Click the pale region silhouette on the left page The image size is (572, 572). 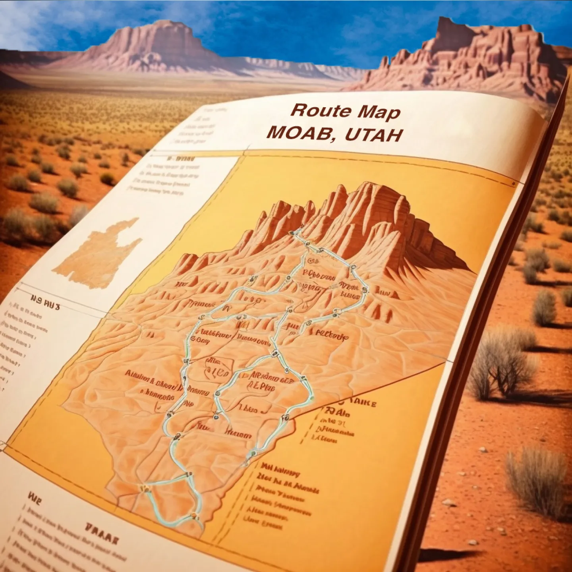[97, 254]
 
